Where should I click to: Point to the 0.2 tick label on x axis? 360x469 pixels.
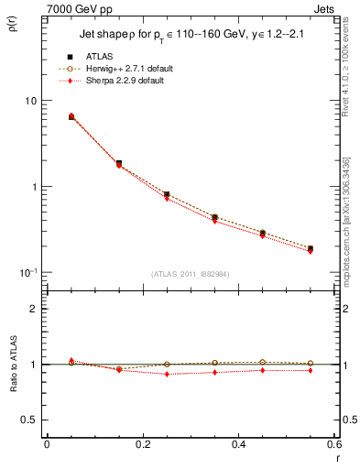pyautogui.click(x=142, y=446)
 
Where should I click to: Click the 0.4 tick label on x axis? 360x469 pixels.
pyautogui.click(x=238, y=446)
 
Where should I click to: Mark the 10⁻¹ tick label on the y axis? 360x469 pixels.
pyautogui.click(x=28, y=272)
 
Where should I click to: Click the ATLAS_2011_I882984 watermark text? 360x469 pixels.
pyautogui.click(x=191, y=274)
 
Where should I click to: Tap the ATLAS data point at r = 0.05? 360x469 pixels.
pyautogui.click(x=71, y=117)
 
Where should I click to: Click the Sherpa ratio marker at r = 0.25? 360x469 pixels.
pyautogui.click(x=167, y=374)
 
